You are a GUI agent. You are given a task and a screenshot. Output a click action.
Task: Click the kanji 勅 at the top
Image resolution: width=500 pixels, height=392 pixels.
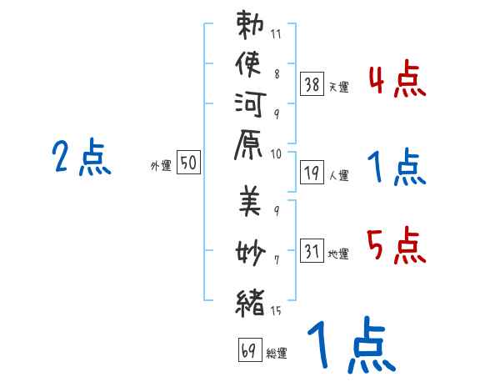click(250, 25)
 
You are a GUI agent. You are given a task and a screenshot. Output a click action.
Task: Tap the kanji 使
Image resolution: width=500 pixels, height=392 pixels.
click(248, 64)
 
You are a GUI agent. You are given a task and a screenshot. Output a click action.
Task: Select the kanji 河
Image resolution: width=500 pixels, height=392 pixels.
click(250, 104)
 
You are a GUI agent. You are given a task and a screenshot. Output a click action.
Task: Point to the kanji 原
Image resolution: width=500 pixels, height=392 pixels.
click(248, 145)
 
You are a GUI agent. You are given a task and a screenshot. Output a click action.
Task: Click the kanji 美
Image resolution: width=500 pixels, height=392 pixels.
click(250, 202)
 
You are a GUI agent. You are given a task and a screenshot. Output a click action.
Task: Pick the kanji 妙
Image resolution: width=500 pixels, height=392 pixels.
click(251, 253)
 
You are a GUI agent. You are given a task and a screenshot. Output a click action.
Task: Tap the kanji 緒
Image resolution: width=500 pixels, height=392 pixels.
click(250, 303)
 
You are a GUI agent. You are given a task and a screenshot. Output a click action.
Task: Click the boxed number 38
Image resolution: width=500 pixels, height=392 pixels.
click(312, 84)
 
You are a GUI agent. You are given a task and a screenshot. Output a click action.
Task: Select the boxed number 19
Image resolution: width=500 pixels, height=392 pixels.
click(312, 173)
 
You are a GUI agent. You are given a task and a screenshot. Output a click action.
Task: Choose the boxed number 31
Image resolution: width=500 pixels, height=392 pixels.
click(312, 250)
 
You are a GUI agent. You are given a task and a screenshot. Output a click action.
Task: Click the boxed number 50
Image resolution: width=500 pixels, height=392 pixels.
click(188, 162)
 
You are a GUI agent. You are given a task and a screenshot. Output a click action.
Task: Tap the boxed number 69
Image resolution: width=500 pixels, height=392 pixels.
click(250, 349)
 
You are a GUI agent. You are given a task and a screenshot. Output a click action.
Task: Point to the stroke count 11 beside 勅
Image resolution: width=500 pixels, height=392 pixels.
click(276, 34)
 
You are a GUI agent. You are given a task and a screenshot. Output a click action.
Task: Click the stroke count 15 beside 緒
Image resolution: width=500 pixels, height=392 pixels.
click(276, 310)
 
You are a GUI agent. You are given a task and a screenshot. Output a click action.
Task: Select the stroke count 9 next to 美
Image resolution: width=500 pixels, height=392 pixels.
click(277, 210)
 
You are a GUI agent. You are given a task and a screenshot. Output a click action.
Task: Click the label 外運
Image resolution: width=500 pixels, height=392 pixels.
click(161, 166)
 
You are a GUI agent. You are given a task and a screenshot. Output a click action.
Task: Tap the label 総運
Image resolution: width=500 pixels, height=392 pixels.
click(277, 354)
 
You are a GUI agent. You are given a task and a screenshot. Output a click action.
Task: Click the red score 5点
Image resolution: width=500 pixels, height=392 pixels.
click(397, 245)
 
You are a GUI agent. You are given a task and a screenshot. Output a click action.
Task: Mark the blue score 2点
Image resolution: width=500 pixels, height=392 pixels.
click(82, 157)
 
